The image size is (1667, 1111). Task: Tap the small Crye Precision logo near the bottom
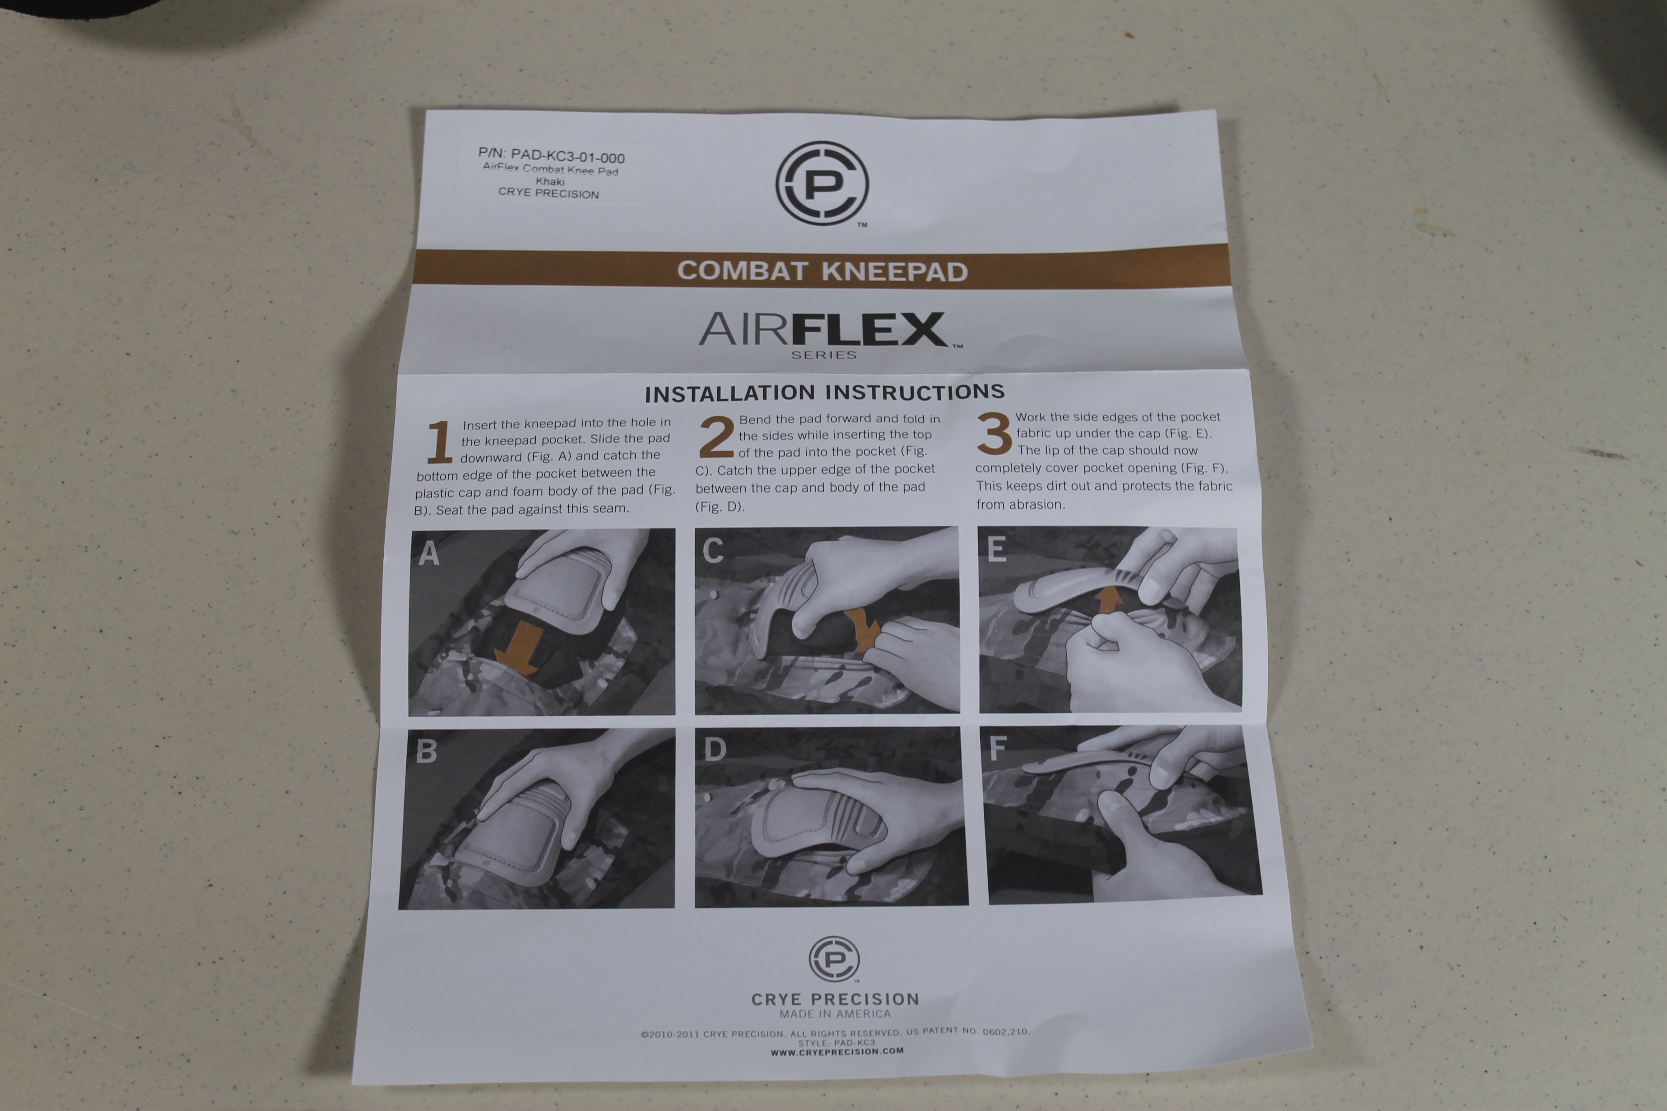(834, 958)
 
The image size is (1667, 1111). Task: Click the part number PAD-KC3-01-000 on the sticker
(567, 156)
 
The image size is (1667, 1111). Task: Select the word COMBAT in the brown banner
(742, 271)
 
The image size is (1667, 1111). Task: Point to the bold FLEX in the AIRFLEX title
(870, 330)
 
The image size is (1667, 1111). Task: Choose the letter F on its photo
(997, 747)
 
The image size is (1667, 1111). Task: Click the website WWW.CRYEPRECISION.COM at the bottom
(837, 1051)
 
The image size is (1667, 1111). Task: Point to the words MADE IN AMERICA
(835, 1014)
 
